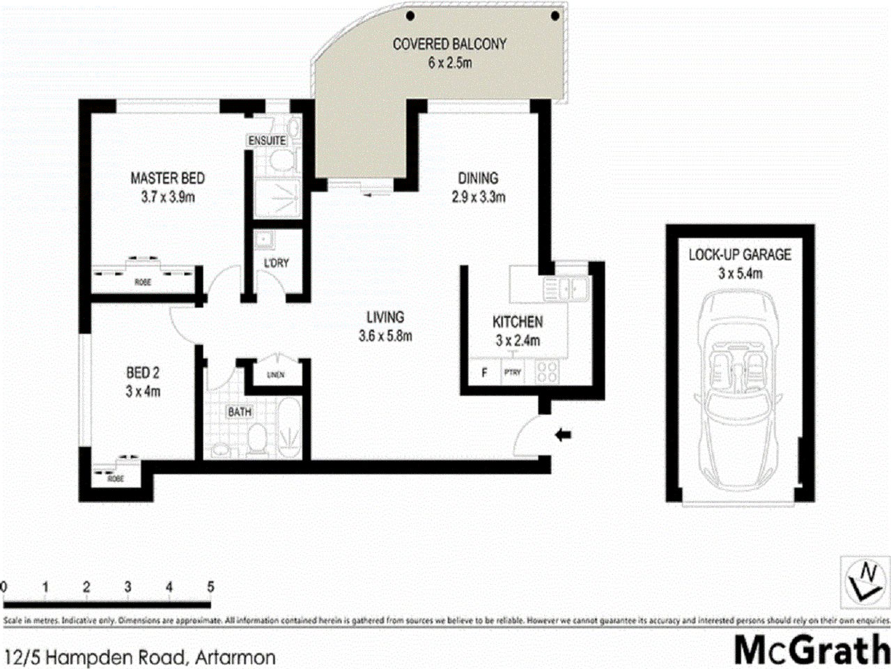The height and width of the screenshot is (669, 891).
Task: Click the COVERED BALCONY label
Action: coord(449,44)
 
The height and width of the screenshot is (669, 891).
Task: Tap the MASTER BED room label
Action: coord(167,178)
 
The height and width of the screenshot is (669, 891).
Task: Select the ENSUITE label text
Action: coord(267,141)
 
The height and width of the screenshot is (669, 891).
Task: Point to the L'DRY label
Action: coord(276,263)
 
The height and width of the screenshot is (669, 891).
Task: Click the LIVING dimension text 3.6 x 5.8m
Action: coord(385,336)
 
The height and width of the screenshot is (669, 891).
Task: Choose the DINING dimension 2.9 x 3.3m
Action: coord(477,197)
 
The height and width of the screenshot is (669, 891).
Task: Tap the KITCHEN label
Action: coord(517,322)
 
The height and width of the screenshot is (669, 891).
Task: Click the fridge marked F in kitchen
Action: coord(484,373)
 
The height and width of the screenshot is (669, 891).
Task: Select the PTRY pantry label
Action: coord(512,373)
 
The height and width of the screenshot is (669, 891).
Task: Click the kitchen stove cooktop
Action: coord(546,372)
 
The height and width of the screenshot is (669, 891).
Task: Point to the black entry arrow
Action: coord(562,436)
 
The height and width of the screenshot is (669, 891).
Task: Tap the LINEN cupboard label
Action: coord(275,375)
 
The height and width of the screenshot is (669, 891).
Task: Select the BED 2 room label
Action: coord(143,374)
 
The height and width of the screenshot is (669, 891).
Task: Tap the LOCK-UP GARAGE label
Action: coord(739,255)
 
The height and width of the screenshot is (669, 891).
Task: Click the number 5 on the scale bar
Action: coord(210,587)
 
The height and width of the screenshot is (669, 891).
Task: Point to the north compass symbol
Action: coord(865,578)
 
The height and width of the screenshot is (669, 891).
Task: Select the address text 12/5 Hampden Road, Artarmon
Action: coord(139,656)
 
